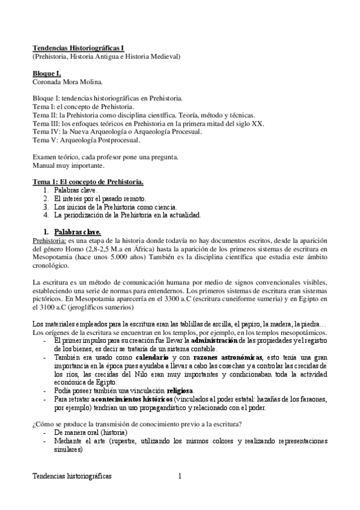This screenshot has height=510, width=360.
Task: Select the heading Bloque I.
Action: coord(47,73)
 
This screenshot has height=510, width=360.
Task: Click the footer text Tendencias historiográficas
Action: coord(72,476)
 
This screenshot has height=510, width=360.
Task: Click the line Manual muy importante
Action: coord(68,165)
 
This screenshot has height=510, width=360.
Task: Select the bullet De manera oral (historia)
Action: coord(90,432)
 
